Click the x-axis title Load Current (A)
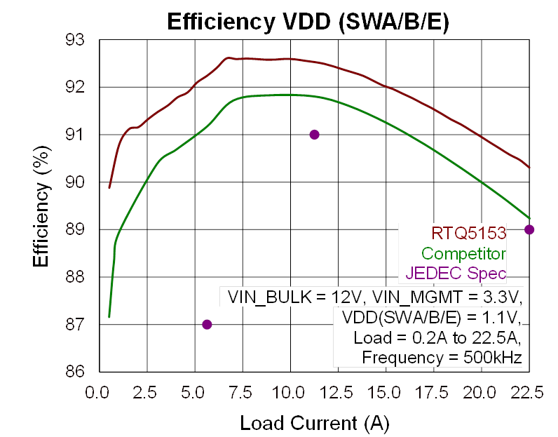pyautogui.click(x=315, y=423)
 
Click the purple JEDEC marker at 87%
pyautogui.click(x=207, y=324)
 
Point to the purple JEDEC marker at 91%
pyautogui.click(x=315, y=134)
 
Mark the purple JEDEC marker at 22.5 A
pyautogui.click(x=529, y=229)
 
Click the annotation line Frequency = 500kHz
pyautogui.click(x=442, y=358)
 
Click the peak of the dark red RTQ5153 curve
pyautogui.click(x=228, y=58)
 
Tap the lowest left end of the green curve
pyautogui.click(x=109, y=316)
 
